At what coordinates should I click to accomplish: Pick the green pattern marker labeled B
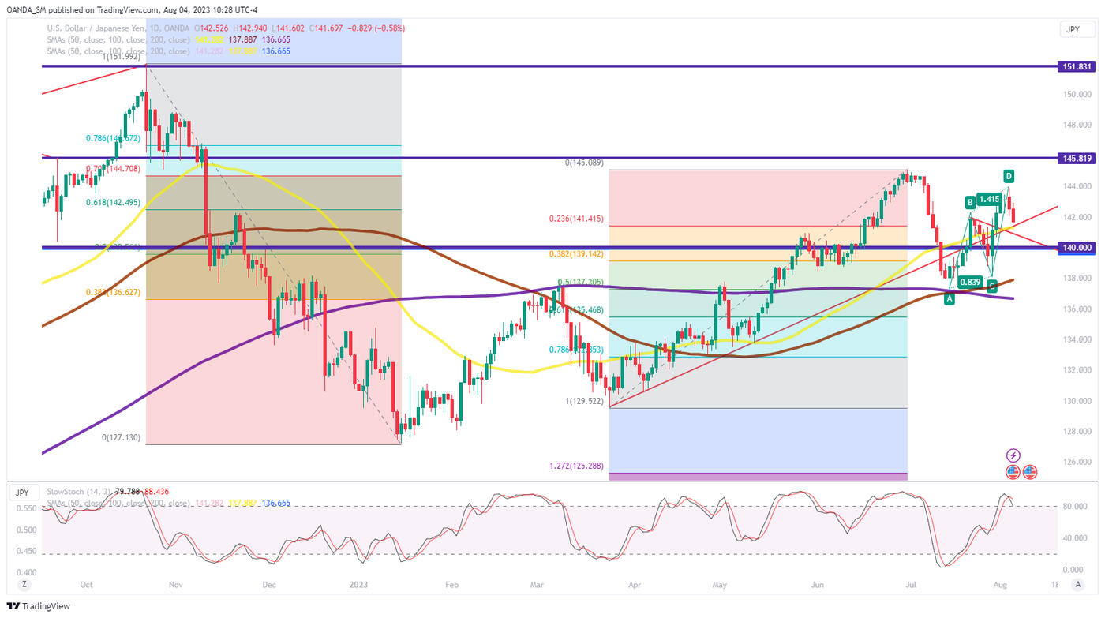click(x=969, y=202)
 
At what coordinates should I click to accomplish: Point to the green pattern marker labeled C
click(x=992, y=287)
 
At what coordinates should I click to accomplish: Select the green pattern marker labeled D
click(x=1009, y=175)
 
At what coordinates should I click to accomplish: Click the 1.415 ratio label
click(x=989, y=199)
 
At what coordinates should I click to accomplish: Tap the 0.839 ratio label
click(x=969, y=282)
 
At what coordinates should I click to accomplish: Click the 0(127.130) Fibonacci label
click(x=121, y=437)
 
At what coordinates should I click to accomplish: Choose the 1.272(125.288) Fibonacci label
click(x=576, y=466)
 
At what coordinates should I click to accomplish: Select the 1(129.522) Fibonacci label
click(x=584, y=402)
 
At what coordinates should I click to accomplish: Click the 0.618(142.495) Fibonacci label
click(x=113, y=201)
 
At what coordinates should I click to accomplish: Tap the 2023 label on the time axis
click(x=359, y=585)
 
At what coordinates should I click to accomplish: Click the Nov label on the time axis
click(x=175, y=585)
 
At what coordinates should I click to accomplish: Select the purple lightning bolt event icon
click(x=1013, y=455)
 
